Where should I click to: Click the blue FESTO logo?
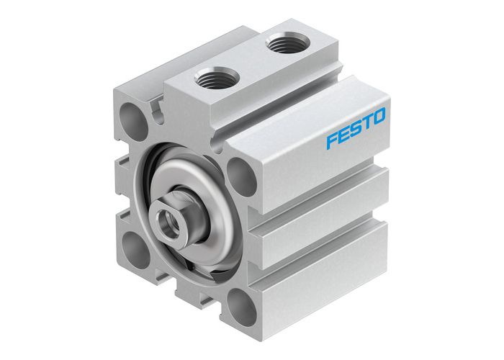pos(355,127)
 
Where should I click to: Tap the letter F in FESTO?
pos(332,139)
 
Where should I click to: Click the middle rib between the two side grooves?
pos(324,216)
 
